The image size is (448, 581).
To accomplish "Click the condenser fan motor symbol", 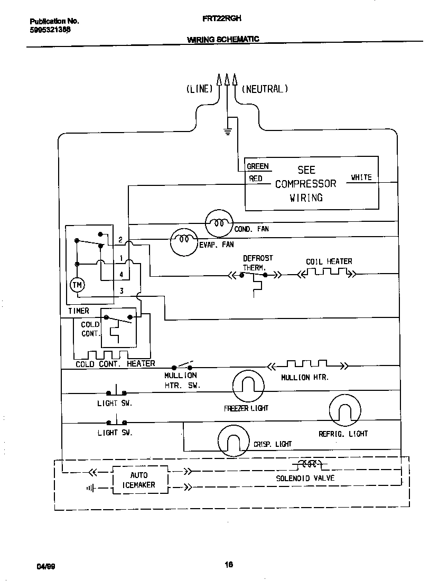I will pyautogui.click(x=218, y=223).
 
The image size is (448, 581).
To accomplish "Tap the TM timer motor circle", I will pyautogui.click(x=77, y=285).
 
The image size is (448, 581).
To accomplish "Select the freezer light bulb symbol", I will pyautogui.click(x=248, y=386).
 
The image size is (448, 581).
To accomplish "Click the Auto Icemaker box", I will pyautogui.click(x=139, y=480).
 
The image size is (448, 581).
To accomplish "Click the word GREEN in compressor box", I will pyautogui.click(x=258, y=166).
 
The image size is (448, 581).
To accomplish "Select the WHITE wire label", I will pyautogui.click(x=361, y=177).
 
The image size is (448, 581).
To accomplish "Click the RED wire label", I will pyautogui.click(x=256, y=179).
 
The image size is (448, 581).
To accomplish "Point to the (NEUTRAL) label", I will pyautogui.click(x=265, y=89).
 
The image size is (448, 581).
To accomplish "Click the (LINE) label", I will pyautogui.click(x=199, y=89).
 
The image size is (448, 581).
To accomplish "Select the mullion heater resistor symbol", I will pyautogui.click(x=306, y=364).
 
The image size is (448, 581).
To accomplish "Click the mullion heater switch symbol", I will pyautogui.click(x=182, y=366).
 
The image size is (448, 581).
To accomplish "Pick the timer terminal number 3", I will pyautogui.click(x=121, y=290).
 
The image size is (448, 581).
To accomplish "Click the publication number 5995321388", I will pyautogui.click(x=50, y=30).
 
